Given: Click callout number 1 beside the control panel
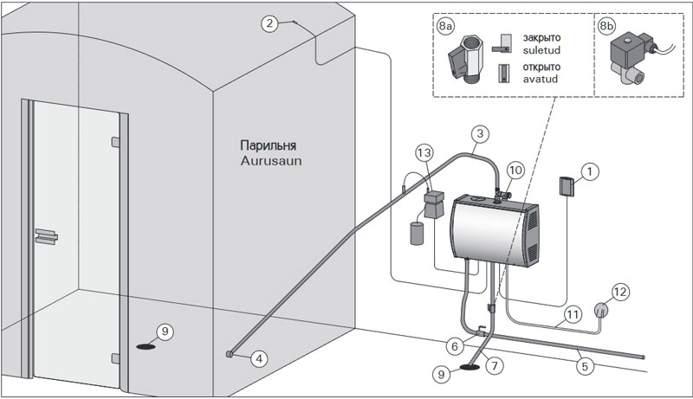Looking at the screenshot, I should (588, 173).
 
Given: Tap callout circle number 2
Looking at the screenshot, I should (271, 24).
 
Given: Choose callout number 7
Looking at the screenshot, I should (495, 365).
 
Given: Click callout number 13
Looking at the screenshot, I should (423, 153).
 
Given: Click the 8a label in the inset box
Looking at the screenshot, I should (446, 26).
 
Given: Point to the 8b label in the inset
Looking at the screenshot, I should (609, 26).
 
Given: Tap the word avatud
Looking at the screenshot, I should (541, 80).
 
